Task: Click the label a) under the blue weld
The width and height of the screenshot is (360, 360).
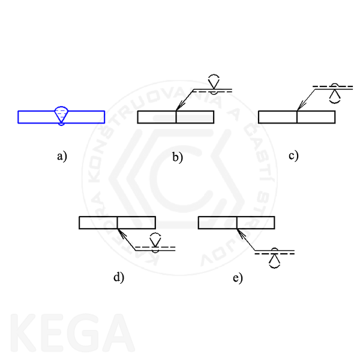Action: click(61, 157)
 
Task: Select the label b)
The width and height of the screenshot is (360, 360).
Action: click(177, 158)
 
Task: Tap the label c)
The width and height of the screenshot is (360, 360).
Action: click(293, 155)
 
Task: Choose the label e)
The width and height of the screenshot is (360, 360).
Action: click(237, 278)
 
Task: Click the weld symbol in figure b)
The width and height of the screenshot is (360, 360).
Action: click(214, 84)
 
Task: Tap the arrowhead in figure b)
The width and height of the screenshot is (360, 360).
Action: click(178, 107)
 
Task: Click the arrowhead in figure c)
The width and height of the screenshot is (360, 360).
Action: click(299, 107)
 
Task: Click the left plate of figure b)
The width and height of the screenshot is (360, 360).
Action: click(157, 117)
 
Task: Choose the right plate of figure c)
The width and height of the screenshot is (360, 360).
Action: click(316, 117)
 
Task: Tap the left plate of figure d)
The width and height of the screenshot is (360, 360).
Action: click(98, 223)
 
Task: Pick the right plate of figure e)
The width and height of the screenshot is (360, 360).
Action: click(256, 223)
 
